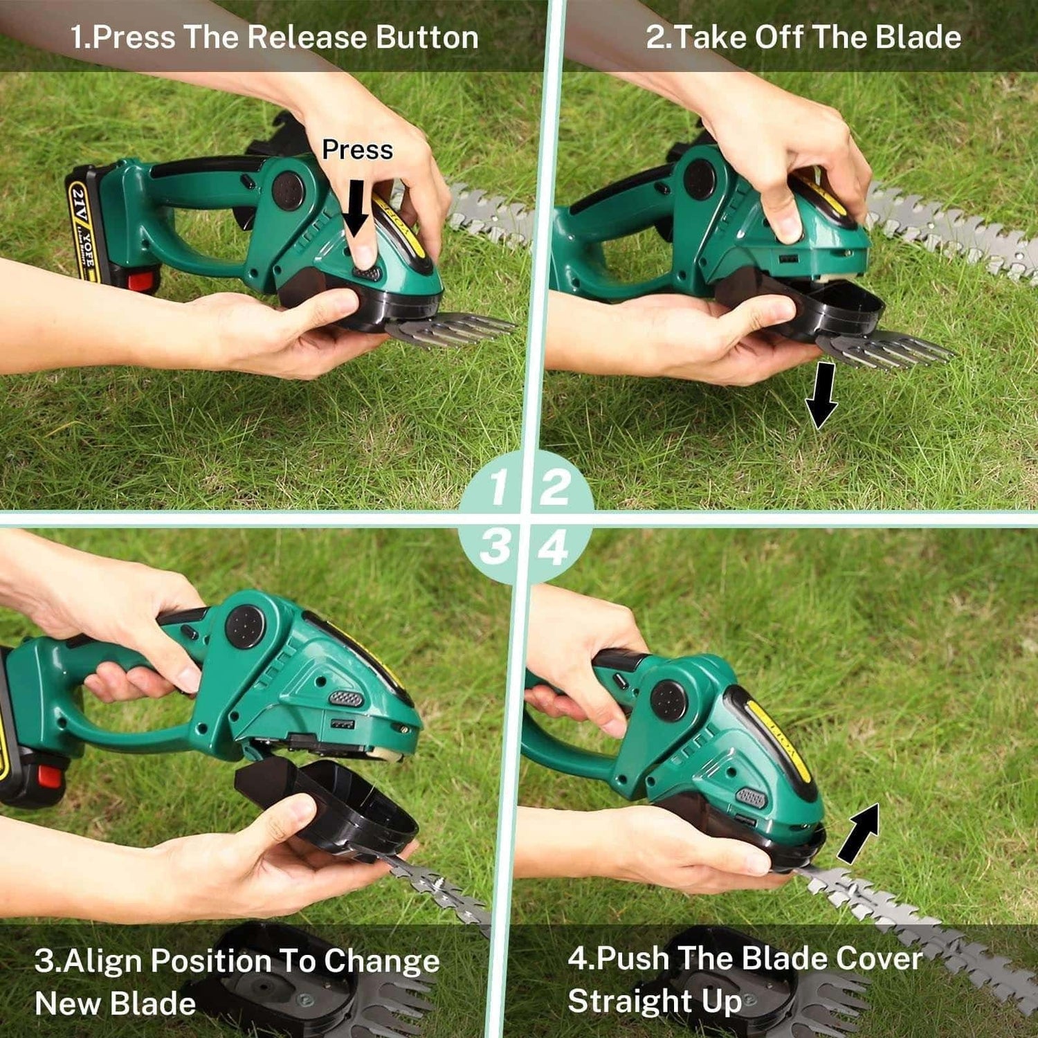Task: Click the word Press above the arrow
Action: coord(357,149)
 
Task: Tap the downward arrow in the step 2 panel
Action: coord(821,395)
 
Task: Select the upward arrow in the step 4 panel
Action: coord(860,833)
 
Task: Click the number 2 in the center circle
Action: coord(554,488)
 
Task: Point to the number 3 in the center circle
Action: coord(495,547)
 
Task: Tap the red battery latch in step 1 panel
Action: coord(141,280)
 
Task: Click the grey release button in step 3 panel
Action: coord(346,698)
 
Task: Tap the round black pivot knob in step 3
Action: coord(245,627)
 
